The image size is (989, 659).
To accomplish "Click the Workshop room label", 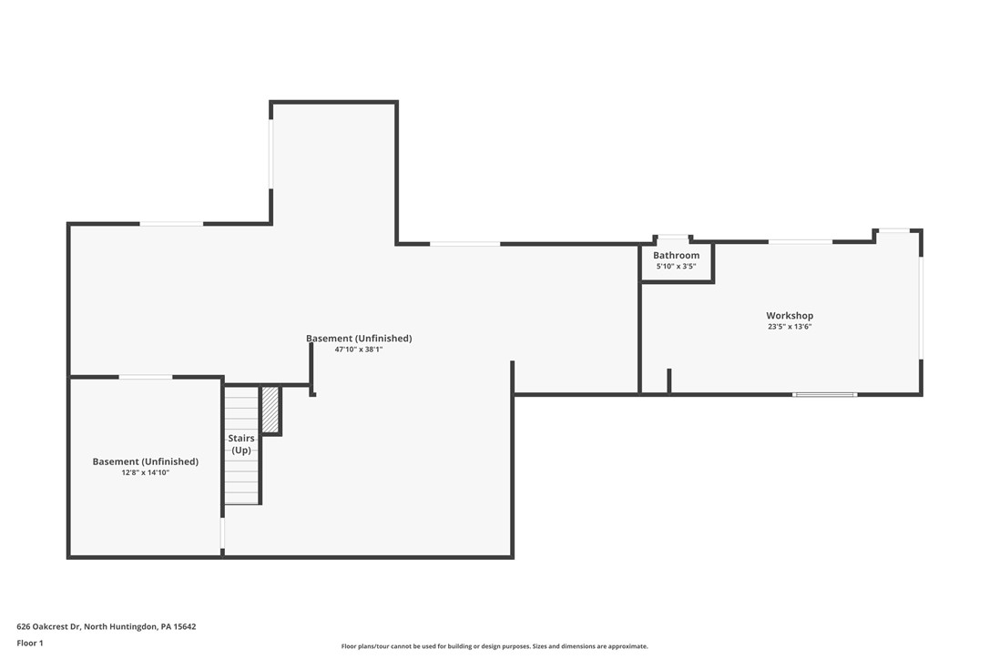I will pos(789,316).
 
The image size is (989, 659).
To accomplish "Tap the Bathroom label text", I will pos(676,256).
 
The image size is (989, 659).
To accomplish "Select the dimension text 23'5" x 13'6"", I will pos(789,326).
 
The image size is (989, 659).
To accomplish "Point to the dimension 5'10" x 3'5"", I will pos(676,266).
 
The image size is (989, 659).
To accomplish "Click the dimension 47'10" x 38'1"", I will pos(358,350).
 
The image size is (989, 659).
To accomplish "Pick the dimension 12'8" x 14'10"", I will pos(145,472).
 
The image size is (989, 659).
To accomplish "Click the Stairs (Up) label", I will pos(241,444).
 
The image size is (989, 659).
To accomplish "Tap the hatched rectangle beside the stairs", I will pos(270,410).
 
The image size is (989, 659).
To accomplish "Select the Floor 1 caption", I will pos(29,643).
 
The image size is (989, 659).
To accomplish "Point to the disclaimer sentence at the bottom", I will pos(494,646).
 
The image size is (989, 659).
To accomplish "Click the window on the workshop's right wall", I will pos(921,308).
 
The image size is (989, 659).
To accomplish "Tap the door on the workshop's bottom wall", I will pos(824,394).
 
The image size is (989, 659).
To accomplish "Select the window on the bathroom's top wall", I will pos(673,237).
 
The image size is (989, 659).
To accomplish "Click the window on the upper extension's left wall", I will pos(270,154).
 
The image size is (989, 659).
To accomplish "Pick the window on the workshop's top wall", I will pos(800,241).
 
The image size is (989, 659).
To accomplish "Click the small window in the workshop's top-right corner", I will pos(892,230).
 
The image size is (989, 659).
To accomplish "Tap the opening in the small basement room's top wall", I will pos(146,377).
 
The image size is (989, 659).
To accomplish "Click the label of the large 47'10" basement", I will pos(358,339).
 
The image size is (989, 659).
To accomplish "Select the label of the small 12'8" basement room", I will pos(145,461).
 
